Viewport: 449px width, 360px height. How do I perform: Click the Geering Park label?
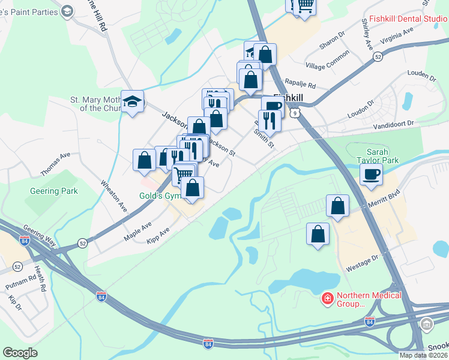coord(54,191)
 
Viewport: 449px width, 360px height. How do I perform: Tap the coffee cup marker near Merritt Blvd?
coord(370,175)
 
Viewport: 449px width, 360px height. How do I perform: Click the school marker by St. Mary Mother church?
coord(132,101)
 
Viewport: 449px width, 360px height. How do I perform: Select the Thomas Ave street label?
coord(55,163)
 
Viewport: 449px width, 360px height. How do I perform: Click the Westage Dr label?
coord(363,263)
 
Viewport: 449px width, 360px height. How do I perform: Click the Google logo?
coord(20,353)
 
